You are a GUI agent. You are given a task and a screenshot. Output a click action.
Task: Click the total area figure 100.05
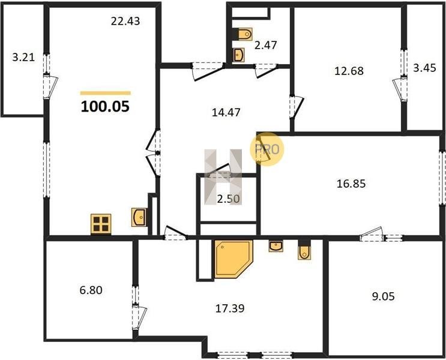[105, 106]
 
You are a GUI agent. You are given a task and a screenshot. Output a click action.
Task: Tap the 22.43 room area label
[125, 22]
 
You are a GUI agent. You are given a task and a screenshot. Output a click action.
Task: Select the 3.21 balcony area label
[23, 58]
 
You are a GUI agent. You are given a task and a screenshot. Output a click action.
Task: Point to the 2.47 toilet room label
[266, 45]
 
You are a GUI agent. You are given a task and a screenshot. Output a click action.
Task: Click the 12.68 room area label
[349, 71]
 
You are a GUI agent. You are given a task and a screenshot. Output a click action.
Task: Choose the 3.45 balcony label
[424, 68]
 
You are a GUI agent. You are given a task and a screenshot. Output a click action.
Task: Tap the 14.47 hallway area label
[226, 112]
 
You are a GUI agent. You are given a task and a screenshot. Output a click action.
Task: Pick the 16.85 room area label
[351, 184]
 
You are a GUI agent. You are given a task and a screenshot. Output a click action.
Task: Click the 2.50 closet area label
[229, 199]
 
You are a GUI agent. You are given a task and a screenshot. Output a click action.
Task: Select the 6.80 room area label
[91, 290]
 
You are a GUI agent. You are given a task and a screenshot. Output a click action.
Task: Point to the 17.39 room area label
[230, 308]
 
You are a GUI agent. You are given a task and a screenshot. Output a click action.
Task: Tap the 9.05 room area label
[384, 296]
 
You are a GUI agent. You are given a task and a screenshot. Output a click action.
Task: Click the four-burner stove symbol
[101, 224]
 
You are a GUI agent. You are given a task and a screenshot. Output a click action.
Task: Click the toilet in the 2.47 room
[245, 34]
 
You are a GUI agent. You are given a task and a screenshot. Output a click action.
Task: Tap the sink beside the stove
[139, 217]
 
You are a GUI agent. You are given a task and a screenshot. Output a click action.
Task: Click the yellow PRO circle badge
[267, 149]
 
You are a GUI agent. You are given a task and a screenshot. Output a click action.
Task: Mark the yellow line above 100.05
[106, 93]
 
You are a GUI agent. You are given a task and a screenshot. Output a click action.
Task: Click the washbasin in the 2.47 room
[239, 55]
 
